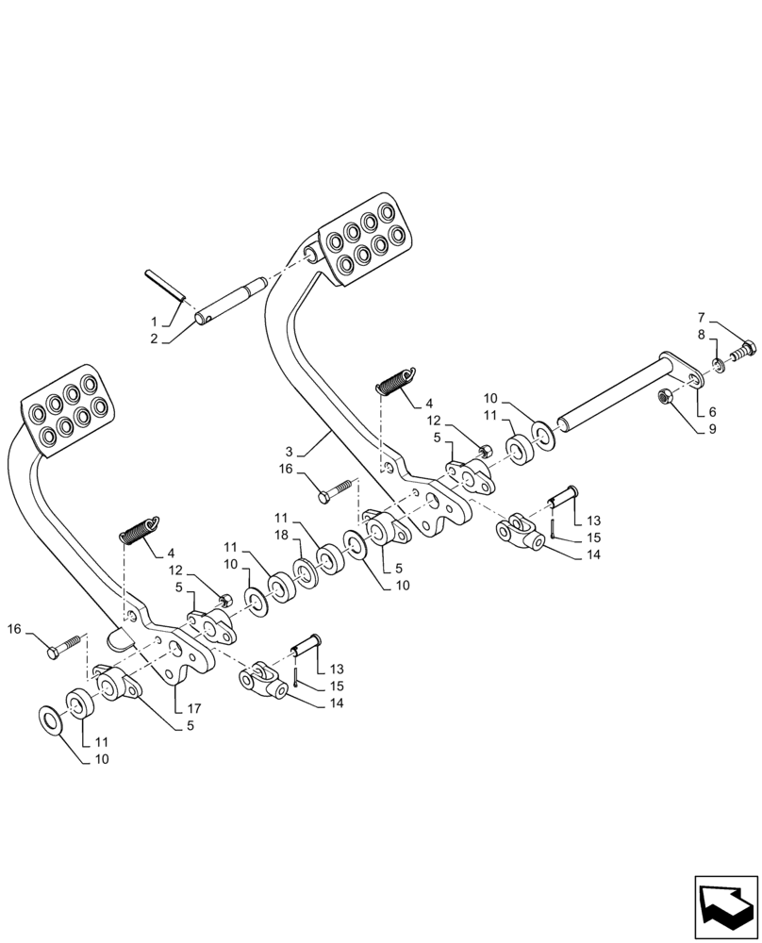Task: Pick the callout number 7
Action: point(703,318)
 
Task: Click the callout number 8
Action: point(703,334)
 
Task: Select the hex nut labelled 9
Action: point(665,398)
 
